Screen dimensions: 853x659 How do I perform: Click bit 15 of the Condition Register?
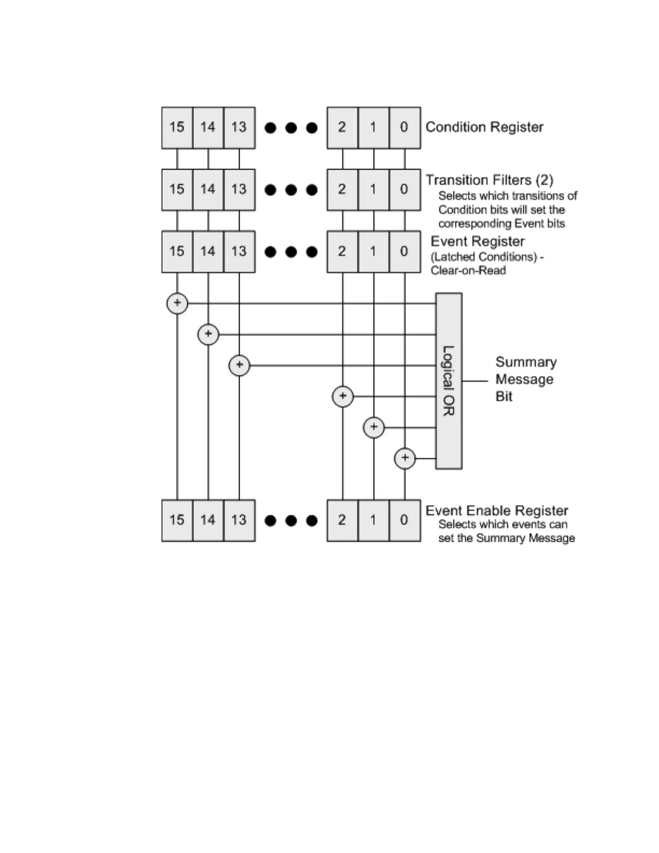177,128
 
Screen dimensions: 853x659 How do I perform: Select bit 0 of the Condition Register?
404,128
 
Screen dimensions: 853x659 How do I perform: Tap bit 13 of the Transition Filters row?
239,190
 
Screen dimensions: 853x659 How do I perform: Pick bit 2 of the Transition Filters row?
342,190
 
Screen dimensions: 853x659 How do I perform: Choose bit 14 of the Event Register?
208,251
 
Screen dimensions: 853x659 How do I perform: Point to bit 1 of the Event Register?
373,251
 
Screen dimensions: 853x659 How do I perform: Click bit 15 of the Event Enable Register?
177,520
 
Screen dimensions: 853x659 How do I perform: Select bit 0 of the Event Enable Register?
404,520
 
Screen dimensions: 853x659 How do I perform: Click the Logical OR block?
448,381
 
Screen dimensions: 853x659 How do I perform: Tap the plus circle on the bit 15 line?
177,303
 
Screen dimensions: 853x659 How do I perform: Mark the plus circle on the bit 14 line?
208,334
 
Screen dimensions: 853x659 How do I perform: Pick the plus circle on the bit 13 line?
239,365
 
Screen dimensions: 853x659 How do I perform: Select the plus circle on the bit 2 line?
343,396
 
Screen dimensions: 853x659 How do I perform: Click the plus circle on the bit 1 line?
374,428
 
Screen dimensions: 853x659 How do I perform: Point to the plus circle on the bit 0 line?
405,458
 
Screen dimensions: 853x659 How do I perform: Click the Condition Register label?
484,127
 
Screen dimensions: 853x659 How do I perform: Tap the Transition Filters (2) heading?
489,180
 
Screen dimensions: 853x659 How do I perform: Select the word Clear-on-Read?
468,270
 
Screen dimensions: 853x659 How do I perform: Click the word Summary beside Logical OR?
525,362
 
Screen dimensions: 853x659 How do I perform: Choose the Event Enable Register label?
496,511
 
